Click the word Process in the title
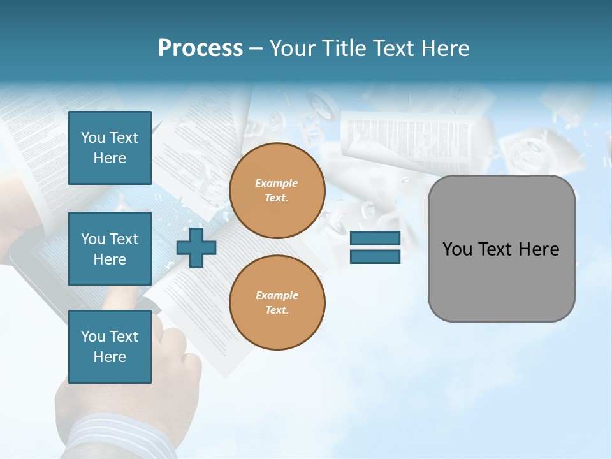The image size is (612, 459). (x=200, y=48)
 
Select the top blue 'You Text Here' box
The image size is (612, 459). (x=110, y=148)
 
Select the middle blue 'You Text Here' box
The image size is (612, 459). (x=110, y=249)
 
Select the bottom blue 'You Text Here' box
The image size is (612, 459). (x=110, y=347)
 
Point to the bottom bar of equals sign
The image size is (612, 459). (x=375, y=256)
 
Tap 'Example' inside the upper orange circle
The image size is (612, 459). (x=277, y=183)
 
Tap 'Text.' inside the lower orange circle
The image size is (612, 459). (x=277, y=310)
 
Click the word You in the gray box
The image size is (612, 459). (x=457, y=249)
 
